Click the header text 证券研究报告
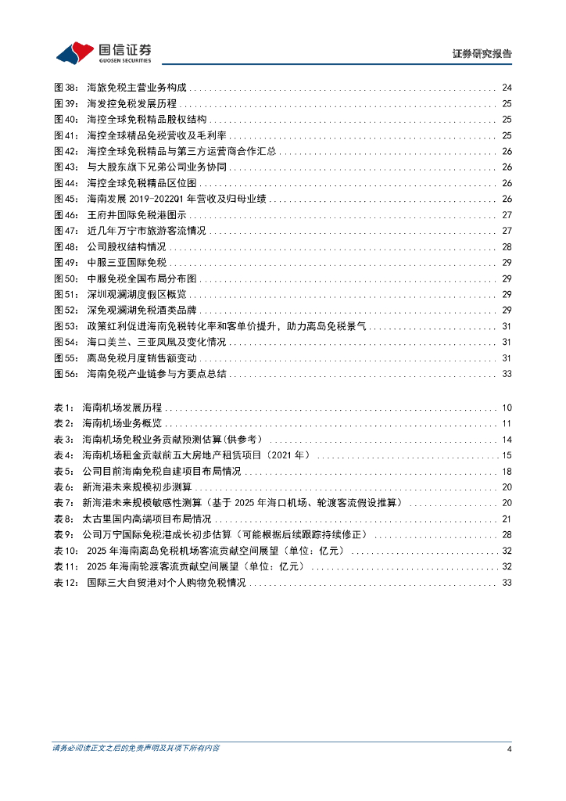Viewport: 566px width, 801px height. click(482, 54)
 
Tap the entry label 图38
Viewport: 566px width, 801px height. click(66, 88)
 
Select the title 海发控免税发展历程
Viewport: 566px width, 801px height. click(132, 103)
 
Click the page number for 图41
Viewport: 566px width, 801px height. click(507, 135)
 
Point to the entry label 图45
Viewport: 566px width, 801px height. click(66, 199)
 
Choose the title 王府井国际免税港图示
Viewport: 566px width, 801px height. click(137, 215)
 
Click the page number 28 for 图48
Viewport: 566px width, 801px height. click(507, 246)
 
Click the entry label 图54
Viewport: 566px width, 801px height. click(66, 342)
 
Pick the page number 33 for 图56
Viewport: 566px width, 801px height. click(507, 374)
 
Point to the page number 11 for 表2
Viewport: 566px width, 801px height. click(507, 423)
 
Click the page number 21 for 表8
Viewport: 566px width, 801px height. click(507, 519)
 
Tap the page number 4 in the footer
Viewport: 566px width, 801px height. click(509, 749)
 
